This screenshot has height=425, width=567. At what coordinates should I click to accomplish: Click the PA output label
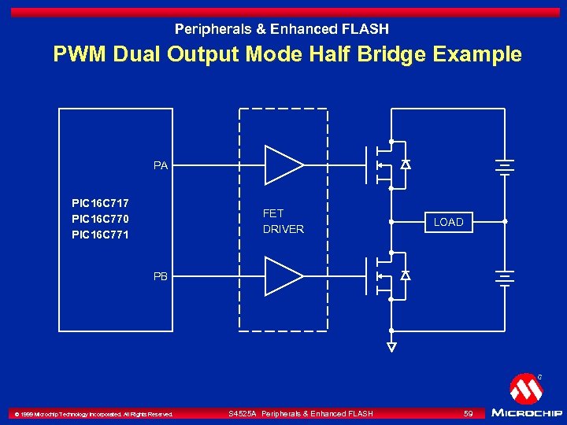click(x=161, y=165)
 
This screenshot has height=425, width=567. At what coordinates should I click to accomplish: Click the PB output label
click(x=161, y=276)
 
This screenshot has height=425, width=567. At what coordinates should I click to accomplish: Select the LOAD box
click(x=448, y=222)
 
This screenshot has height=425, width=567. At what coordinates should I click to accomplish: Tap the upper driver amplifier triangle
click(x=282, y=165)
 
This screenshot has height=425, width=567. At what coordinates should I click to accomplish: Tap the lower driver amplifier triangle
click(x=282, y=276)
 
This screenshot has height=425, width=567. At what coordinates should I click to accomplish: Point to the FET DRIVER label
click(x=283, y=221)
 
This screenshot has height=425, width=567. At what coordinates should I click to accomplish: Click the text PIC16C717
click(x=100, y=203)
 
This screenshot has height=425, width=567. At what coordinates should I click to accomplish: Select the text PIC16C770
click(x=100, y=219)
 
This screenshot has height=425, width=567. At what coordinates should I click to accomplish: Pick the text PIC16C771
click(x=100, y=235)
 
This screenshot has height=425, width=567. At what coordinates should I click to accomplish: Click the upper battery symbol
click(x=504, y=166)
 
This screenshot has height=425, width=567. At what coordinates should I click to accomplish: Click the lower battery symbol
click(x=504, y=277)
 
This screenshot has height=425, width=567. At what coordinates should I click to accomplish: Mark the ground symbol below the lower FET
click(x=391, y=346)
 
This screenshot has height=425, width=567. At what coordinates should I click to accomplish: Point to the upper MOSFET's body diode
click(x=406, y=165)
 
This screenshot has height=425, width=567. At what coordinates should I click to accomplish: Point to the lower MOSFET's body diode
click(x=406, y=276)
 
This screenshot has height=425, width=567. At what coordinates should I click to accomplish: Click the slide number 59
click(x=468, y=413)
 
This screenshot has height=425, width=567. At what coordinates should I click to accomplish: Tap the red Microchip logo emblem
click(x=525, y=388)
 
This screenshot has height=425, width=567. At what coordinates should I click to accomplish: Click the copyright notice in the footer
click(x=90, y=414)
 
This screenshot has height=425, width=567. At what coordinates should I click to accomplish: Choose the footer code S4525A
click(x=242, y=413)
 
